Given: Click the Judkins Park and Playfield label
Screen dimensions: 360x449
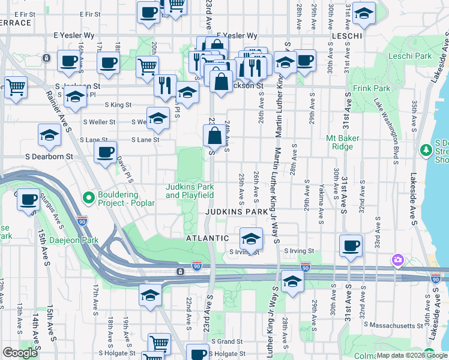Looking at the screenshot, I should click(x=190, y=191).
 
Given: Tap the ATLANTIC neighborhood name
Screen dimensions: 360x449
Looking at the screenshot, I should click(x=208, y=238).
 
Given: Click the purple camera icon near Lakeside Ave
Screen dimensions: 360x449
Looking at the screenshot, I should click(x=397, y=260).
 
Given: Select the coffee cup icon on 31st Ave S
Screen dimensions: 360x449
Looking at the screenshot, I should click(x=351, y=245).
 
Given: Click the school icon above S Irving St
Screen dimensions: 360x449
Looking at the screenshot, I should click(x=250, y=238).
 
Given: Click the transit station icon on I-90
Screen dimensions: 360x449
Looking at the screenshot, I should click(x=180, y=272).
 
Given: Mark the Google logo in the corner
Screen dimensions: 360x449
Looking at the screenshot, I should click(x=20, y=353).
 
